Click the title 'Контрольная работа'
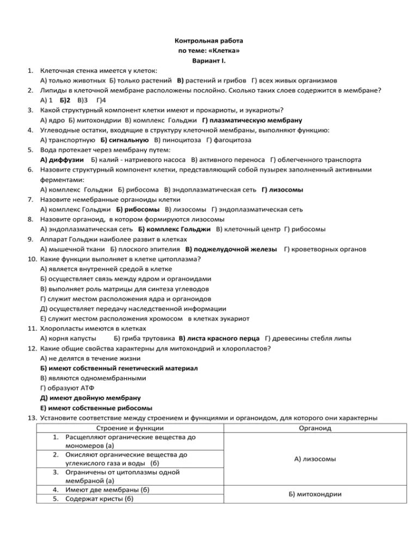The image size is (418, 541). pos(209,41)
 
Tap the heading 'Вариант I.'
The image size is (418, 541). pos(209,60)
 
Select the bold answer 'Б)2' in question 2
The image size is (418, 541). pos(66,101)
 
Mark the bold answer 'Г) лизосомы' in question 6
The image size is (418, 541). pos(282,189)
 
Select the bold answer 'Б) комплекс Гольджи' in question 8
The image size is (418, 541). pos(174,229)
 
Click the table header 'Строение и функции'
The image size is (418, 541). pos(130,428)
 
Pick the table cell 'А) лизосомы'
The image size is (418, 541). pos(315,459)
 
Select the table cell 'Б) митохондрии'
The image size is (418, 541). pos(315,494)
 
